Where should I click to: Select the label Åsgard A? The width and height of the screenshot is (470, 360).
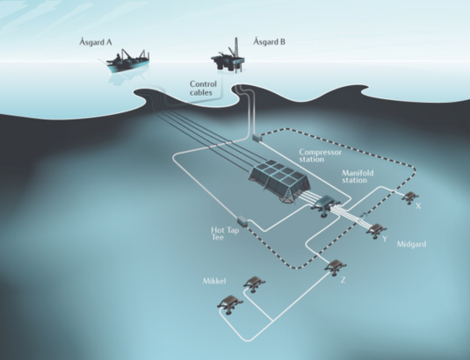(96, 42)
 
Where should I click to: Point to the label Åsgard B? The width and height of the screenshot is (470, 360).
(269, 41)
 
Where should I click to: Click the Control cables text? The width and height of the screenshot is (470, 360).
(203, 89)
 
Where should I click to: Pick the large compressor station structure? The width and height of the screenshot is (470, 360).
(279, 182)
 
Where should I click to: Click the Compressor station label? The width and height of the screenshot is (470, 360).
(320, 155)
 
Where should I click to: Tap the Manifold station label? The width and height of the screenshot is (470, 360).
(358, 176)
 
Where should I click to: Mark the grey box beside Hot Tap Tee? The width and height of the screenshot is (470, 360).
(242, 221)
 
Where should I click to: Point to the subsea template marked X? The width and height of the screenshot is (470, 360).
(410, 198)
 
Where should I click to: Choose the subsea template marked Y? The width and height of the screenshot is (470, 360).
(377, 230)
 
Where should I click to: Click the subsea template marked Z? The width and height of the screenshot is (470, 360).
(336, 266)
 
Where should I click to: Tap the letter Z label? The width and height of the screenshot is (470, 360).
(343, 280)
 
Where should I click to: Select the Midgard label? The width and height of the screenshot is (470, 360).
(411, 244)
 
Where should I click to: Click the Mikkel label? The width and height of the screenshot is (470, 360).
(214, 281)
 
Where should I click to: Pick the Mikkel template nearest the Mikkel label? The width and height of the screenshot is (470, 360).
(254, 284)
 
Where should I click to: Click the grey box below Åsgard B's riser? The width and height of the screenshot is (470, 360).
(257, 138)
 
